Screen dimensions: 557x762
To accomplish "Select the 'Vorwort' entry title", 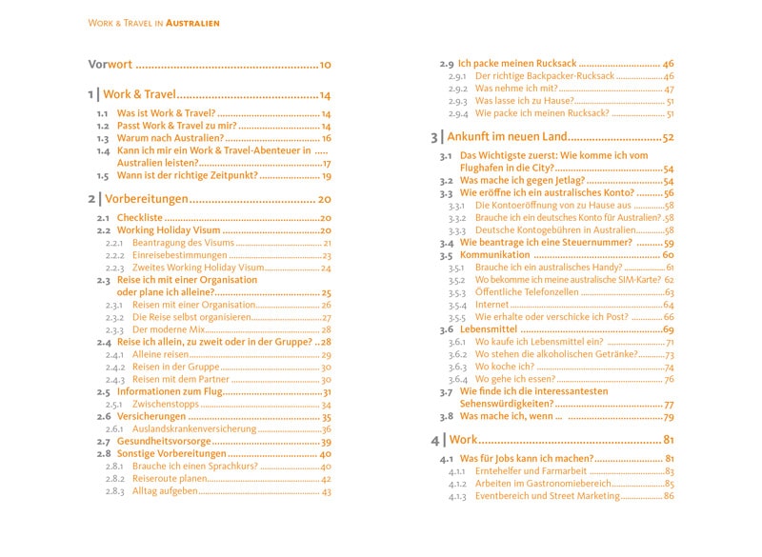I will tap(110, 65).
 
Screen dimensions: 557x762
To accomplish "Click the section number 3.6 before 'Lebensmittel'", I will tap(446, 329).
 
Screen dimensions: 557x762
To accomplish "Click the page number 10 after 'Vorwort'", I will tap(325, 65).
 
